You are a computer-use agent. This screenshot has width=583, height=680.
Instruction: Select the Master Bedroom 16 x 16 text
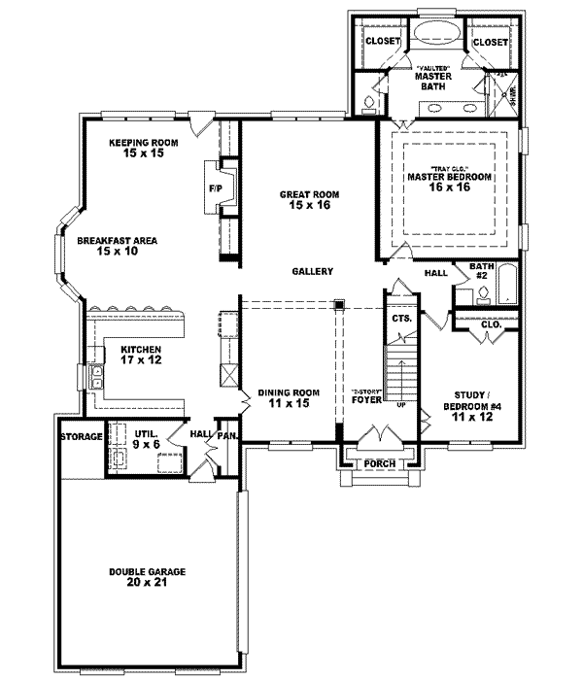coord(448,183)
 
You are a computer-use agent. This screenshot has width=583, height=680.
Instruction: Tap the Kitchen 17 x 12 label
coord(141,354)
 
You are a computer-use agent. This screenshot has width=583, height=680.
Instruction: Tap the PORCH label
coord(378,463)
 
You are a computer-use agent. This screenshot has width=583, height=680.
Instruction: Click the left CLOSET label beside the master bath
coord(383,42)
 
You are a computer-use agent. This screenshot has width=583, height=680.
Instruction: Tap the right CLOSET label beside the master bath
coord(491,42)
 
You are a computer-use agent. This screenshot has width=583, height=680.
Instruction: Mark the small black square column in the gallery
coord(338,305)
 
